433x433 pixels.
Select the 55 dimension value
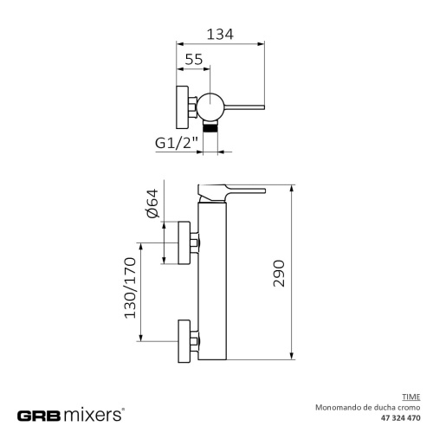(x=195, y=59)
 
